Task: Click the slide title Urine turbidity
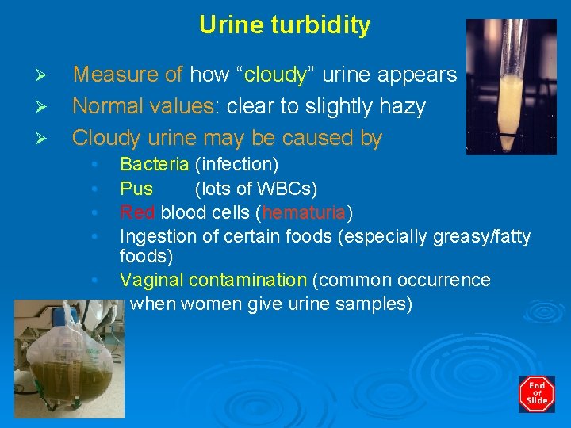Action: click(285, 25)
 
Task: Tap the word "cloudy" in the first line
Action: click(276, 75)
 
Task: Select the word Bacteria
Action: click(154, 165)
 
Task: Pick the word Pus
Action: click(136, 189)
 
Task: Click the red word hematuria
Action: click(305, 212)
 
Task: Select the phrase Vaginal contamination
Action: click(213, 280)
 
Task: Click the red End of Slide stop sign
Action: click(537, 394)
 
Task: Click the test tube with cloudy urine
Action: click(500, 87)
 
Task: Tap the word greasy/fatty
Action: click(483, 236)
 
